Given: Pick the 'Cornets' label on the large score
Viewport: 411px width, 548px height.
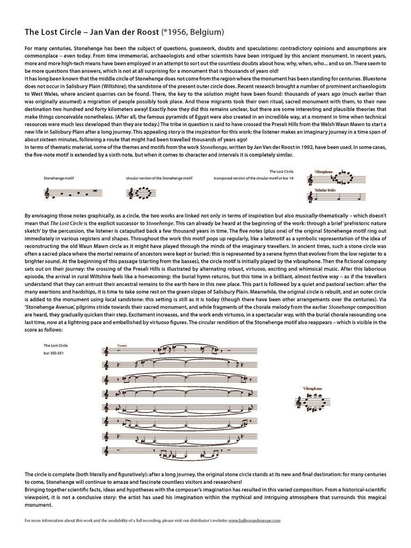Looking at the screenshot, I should click(x=123, y=346).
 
